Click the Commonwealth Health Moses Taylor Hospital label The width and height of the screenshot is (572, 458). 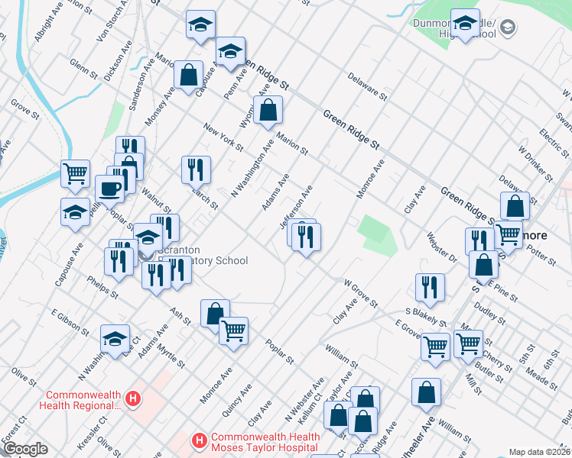[x=264, y=442]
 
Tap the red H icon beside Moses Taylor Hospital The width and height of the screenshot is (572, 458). [x=199, y=440]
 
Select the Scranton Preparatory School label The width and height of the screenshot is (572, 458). [x=200, y=256]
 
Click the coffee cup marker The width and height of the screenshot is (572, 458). [x=109, y=189]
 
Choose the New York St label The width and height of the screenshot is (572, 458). [x=223, y=136]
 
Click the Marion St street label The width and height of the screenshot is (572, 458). [x=292, y=140]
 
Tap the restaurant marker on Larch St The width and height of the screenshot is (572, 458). [x=196, y=169]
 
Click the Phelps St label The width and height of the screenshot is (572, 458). [x=102, y=289]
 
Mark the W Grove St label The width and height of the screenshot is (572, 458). [x=361, y=293]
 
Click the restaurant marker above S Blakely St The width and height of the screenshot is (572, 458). [x=430, y=287]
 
